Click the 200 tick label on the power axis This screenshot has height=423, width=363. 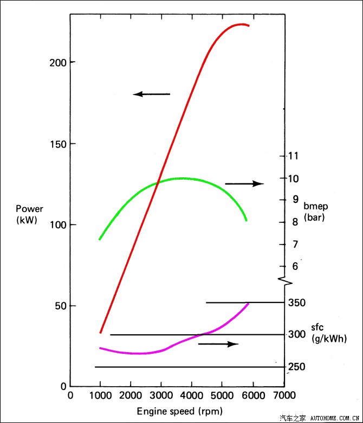click(x=57, y=62)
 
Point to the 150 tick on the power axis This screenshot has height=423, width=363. click(x=57, y=144)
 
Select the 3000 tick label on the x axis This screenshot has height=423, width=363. click(x=161, y=395)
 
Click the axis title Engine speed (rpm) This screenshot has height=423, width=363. click(x=179, y=411)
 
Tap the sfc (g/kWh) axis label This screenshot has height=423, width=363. click(x=328, y=333)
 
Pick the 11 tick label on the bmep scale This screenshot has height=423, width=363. click(x=293, y=156)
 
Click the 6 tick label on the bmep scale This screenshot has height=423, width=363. click(x=295, y=266)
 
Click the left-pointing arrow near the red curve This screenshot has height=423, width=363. click(x=151, y=94)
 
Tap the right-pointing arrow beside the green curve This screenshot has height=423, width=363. click(x=244, y=184)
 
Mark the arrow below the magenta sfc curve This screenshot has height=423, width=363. click(x=218, y=344)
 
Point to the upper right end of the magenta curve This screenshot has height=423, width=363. click(x=248, y=303)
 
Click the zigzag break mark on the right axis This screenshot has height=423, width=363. click(x=286, y=281)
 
